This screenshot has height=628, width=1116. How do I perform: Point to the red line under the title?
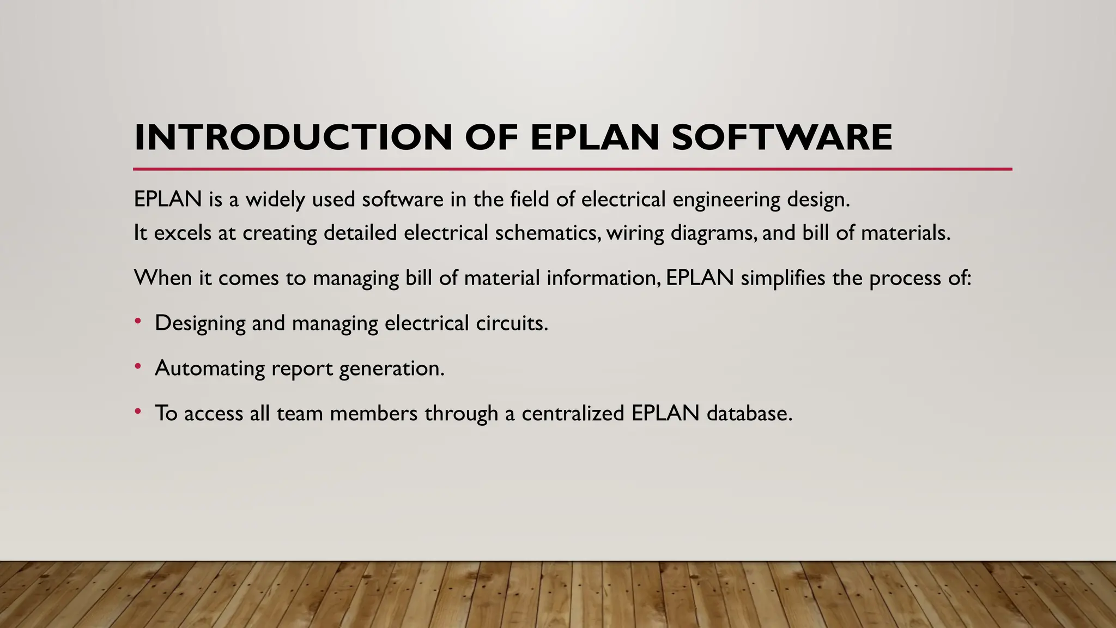click(x=572, y=170)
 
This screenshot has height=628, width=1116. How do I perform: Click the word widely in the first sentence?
click(x=275, y=200)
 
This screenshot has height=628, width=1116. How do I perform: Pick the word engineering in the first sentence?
click(x=726, y=200)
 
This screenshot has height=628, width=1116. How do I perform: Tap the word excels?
click(x=183, y=233)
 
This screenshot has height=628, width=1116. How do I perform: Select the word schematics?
click(x=547, y=233)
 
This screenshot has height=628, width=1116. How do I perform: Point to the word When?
click(x=163, y=278)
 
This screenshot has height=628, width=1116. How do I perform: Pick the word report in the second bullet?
click(x=301, y=369)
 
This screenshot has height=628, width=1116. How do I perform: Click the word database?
click(x=749, y=413)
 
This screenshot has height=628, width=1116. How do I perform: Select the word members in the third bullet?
click(x=373, y=413)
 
